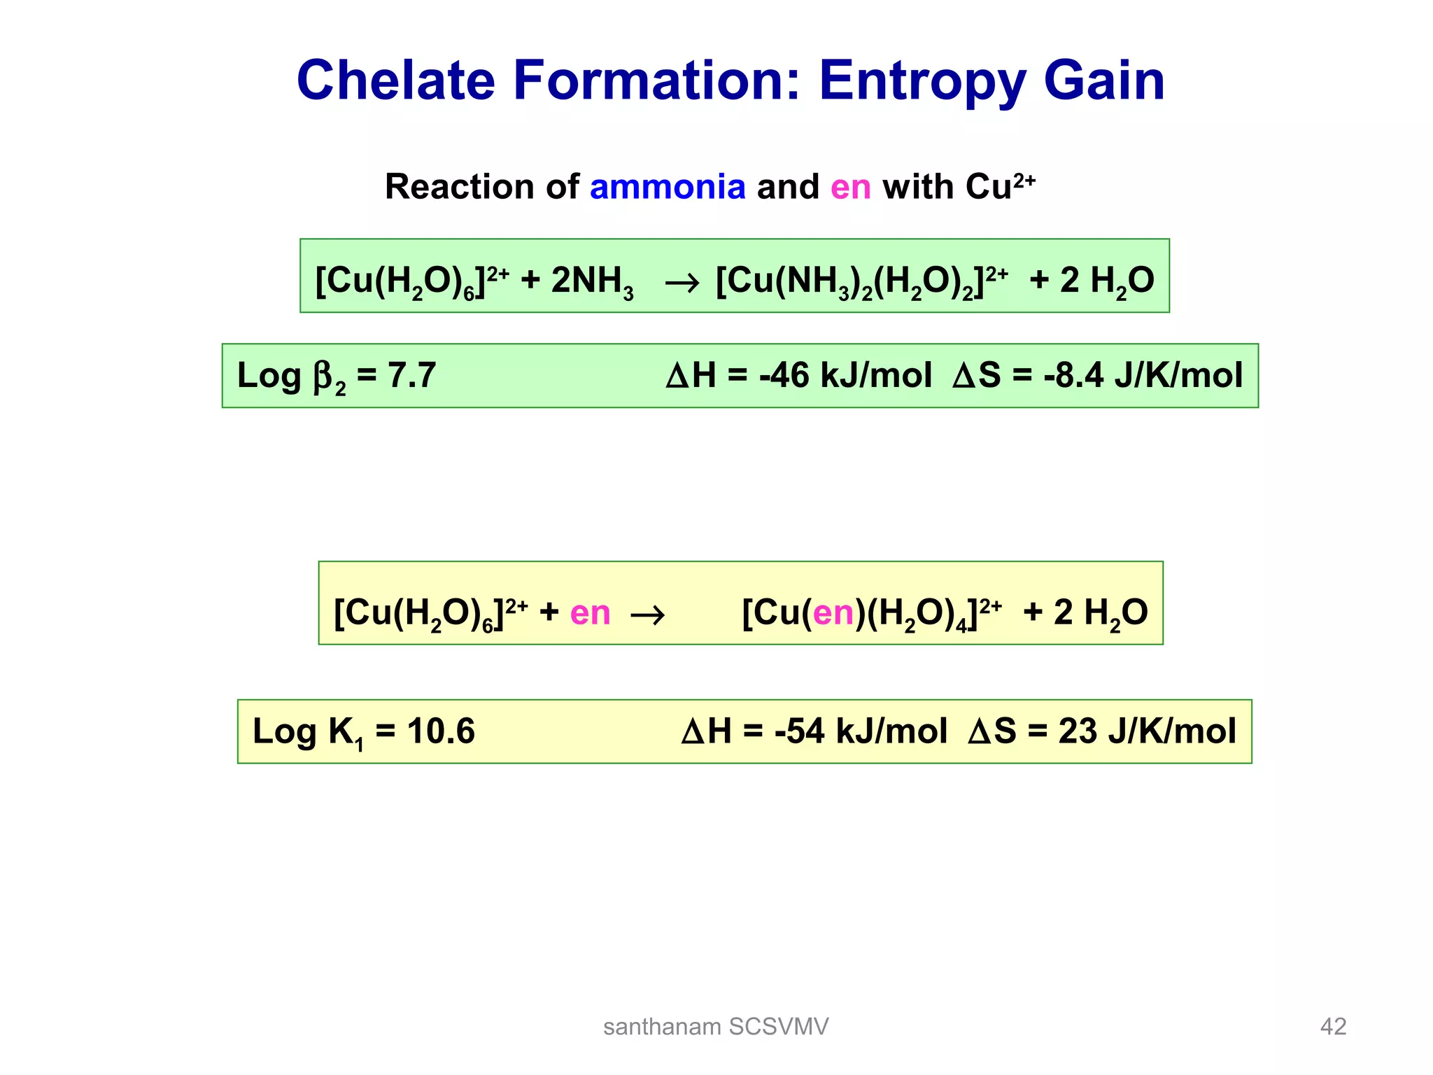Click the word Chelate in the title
click(x=395, y=80)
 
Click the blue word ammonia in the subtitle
click(x=668, y=187)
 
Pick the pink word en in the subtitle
click(x=850, y=188)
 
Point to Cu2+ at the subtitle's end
click(x=1000, y=187)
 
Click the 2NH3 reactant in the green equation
click(x=592, y=280)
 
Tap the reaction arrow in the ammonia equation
click(x=682, y=283)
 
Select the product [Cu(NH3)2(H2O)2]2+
click(x=861, y=280)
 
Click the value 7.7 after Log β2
click(x=412, y=375)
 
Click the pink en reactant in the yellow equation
click(x=590, y=613)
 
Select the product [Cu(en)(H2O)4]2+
click(x=871, y=613)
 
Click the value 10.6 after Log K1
click(x=441, y=731)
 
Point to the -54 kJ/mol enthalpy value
click(x=861, y=731)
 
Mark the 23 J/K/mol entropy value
click(x=1147, y=731)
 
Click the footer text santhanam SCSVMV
click(x=716, y=1027)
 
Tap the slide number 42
click(x=1333, y=1027)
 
